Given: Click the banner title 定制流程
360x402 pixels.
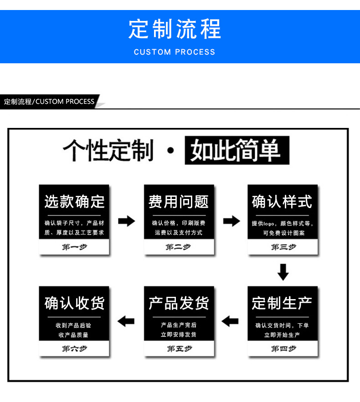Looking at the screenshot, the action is point(175,30).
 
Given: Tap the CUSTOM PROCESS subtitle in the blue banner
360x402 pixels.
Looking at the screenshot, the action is point(175,52).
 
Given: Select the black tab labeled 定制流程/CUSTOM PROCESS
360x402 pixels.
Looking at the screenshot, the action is point(49,102).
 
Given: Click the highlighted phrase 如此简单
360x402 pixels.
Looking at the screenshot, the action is point(237,150).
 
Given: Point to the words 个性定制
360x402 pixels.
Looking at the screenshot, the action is point(108,150).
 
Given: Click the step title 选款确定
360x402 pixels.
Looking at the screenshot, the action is point(74,202).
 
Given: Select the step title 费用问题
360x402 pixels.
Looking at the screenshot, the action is point(179,202).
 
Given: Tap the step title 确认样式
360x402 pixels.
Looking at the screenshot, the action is point(283,202).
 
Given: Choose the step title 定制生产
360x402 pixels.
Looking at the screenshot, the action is point(283,303).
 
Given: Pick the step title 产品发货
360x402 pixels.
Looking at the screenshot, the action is point(179,303).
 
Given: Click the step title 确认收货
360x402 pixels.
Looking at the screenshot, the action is point(74,303).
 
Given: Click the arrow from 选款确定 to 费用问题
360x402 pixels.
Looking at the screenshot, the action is point(127,222).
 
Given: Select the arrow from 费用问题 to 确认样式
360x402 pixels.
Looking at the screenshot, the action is point(231,222).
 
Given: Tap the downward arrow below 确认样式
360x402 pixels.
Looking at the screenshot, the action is point(283,272).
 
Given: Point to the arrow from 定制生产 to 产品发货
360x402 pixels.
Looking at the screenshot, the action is point(231,321).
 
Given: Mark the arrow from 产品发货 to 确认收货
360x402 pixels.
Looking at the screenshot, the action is point(126,321).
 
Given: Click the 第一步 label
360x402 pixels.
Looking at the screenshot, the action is point(74,247).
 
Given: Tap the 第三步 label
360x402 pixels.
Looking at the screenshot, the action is point(283,247).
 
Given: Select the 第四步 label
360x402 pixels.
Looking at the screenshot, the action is point(283,349).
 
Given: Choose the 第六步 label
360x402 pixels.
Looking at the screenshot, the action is point(74,349).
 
